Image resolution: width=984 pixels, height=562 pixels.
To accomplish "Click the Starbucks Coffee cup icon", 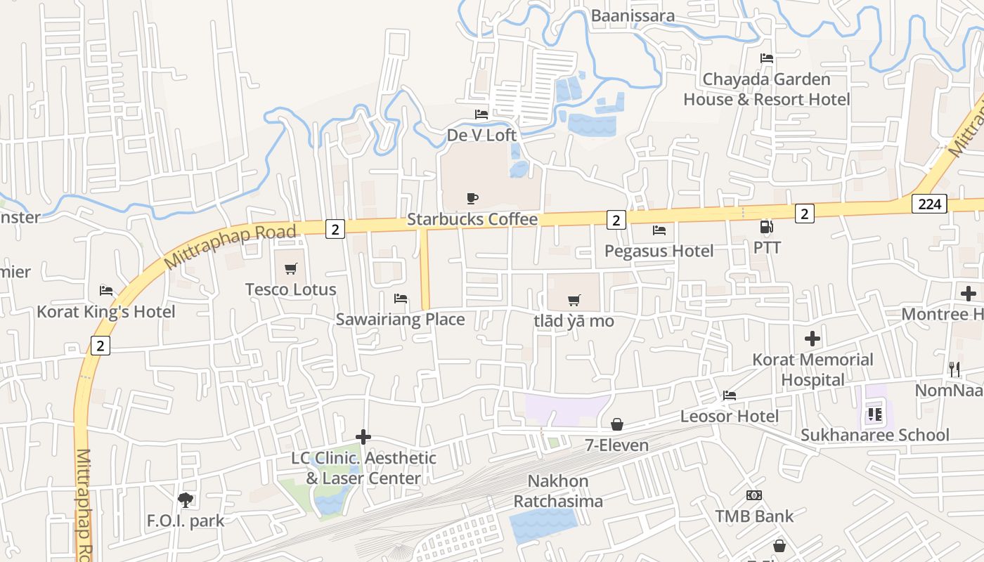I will pos(472,199).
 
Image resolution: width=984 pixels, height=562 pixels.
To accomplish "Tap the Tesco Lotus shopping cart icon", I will pos(290,268).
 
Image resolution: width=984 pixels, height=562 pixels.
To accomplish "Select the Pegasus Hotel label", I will pos(659,251).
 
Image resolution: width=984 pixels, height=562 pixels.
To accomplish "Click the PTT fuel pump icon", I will pos(766,227).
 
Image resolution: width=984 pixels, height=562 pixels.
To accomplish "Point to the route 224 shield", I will pos(930,204).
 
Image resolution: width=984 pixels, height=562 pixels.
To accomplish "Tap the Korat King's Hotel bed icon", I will pos(106,290).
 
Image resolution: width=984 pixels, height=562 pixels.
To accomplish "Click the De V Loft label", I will pos(481,135).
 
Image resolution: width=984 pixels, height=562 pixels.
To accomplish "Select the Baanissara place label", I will pos(633,15).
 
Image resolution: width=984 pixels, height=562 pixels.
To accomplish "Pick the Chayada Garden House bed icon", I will pos(766,58).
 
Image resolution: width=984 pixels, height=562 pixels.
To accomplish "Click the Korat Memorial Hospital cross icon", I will pos(813,339).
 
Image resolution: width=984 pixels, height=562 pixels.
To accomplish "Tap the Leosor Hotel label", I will pos(729,416).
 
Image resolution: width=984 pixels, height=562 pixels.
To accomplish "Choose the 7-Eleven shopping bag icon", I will pos(617,424).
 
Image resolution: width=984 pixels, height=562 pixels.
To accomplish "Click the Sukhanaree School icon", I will pos(874,414).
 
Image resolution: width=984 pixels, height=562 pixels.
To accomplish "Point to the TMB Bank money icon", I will pos(754,495).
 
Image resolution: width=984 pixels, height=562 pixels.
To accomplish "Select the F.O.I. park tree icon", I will pos(186,499).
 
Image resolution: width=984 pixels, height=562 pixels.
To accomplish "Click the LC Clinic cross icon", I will pos(363,437).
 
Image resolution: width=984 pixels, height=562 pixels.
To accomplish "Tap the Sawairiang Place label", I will pos(400,320).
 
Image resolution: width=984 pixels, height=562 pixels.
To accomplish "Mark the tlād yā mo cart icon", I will pos(574,301).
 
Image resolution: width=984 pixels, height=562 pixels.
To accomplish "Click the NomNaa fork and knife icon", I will pos(954,369).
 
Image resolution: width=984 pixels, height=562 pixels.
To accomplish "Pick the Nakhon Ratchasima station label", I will pos(558,491).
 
